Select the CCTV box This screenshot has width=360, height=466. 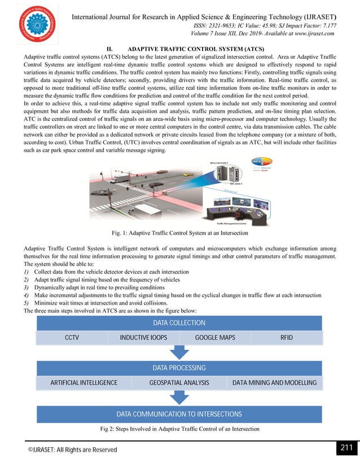click(x=72, y=337)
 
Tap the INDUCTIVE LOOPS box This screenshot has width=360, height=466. click(x=143, y=337)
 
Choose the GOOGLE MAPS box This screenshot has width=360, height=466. click(x=215, y=337)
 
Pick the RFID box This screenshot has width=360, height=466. click(x=287, y=337)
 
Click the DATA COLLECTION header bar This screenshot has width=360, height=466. click(x=179, y=323)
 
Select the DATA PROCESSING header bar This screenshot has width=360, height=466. click(x=179, y=368)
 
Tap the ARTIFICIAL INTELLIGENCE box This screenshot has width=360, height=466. click(x=84, y=383)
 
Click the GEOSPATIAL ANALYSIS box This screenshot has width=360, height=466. click(x=179, y=383)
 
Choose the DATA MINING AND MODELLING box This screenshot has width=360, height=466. click(x=275, y=383)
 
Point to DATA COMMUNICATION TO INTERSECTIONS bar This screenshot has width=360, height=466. click(x=179, y=414)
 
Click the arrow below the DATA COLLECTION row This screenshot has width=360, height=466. click(x=179, y=352)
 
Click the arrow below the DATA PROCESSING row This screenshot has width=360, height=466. click(x=179, y=397)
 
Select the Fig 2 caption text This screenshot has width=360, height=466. click(x=179, y=429)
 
